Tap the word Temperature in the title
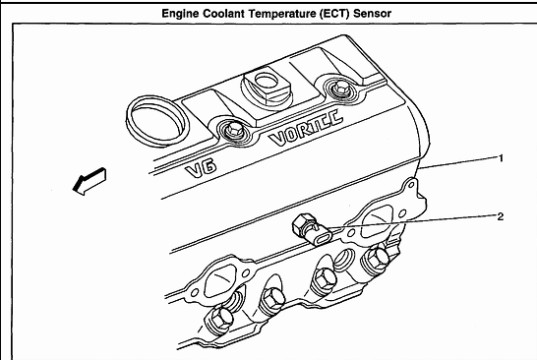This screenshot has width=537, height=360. tap(282, 14)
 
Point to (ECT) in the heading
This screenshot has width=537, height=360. tap(334, 14)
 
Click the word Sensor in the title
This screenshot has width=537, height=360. tap(373, 14)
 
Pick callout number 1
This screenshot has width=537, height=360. tap(501, 158)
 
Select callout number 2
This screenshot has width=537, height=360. tap(501, 216)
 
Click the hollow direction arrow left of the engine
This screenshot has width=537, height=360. tap(89, 181)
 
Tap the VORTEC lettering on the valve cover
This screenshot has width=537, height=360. tap(306, 128)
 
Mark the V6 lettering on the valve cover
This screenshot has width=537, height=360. tap(201, 168)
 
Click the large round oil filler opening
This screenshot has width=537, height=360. tap(157, 121)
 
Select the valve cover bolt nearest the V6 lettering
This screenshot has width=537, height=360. tap(235, 130)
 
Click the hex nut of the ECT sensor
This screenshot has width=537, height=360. tap(302, 225)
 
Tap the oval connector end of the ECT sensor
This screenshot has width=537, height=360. tap(323, 237)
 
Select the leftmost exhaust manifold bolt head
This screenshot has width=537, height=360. tap(218, 320)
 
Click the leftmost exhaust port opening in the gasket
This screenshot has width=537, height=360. tap(219, 283)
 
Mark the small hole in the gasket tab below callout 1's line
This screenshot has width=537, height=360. tap(411, 185)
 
